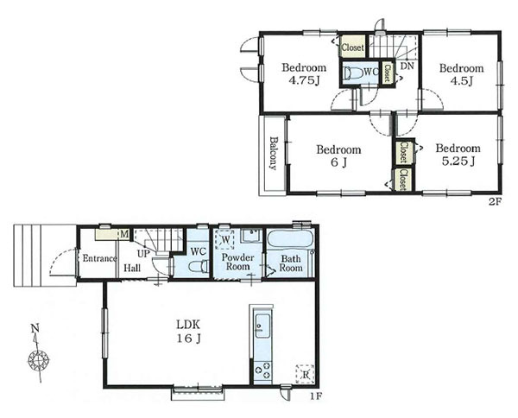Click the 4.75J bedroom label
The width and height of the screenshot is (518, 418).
tap(304, 74)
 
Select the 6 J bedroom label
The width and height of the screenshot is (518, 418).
tap(338, 156)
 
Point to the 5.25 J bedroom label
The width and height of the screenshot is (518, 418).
tap(458, 155)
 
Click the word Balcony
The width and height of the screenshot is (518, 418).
tap(273, 153)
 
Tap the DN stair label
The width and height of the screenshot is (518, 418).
tap(407, 66)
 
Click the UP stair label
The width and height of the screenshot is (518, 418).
tap(143, 253)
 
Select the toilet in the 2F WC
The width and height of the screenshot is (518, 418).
tap(352, 73)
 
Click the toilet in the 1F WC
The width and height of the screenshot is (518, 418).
tap(198, 266)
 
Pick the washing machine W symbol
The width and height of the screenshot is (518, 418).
tap(224, 239)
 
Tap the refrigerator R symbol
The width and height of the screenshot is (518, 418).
tap(305, 374)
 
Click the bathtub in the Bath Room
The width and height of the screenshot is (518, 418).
tap(290, 239)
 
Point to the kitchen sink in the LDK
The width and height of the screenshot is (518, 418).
tap(262, 326)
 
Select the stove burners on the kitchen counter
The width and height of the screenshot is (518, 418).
tap(263, 370)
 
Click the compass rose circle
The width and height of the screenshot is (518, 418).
tap(39, 359)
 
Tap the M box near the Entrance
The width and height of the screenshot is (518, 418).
tap(123, 234)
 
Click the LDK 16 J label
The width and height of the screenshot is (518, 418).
tap(188, 332)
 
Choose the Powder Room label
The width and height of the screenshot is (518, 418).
tap(237, 262)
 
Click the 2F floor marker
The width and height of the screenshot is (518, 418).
tap(496, 202)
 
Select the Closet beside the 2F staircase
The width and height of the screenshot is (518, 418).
tap(353, 47)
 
